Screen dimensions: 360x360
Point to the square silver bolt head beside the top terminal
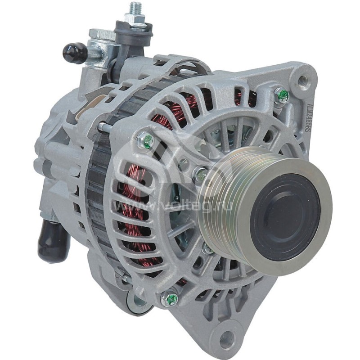(102, 35)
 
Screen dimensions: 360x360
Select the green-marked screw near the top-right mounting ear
(282, 95)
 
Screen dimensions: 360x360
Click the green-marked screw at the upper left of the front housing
(145, 141)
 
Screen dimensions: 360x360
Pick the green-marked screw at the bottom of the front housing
(170, 299)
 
